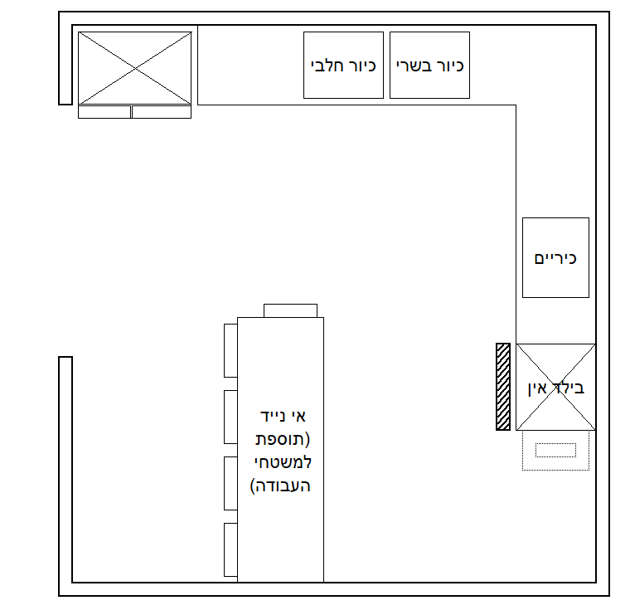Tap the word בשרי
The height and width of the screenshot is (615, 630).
[415, 66]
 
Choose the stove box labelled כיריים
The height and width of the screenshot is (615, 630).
[555, 257]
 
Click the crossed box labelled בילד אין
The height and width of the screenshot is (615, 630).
[555, 387]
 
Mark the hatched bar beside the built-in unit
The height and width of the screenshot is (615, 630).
[502, 387]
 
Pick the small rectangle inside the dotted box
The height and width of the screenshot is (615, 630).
[555, 450]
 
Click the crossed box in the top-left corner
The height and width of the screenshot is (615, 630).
[135, 67]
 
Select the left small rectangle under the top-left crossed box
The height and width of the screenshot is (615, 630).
[104, 112]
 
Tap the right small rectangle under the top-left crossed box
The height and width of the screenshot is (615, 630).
[162, 112]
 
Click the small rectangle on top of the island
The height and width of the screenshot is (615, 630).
[290, 310]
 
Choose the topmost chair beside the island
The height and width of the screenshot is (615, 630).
[230, 350]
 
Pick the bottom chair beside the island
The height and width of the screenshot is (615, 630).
[230, 549]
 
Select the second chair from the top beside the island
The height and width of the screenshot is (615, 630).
[230, 417]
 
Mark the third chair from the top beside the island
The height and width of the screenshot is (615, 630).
[230, 483]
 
